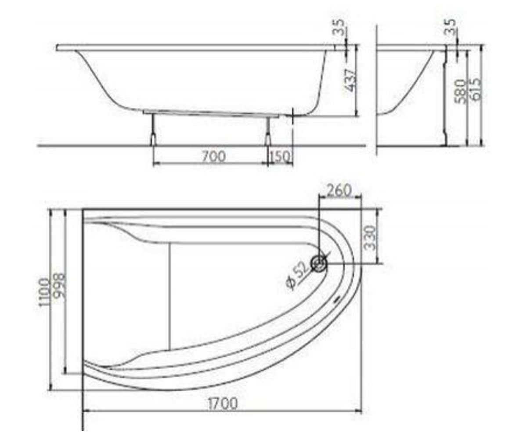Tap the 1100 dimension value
43,292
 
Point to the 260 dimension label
339,190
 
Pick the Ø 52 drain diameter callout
298,276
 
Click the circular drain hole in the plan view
319,263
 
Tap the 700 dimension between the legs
213,156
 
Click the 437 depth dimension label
351,80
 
